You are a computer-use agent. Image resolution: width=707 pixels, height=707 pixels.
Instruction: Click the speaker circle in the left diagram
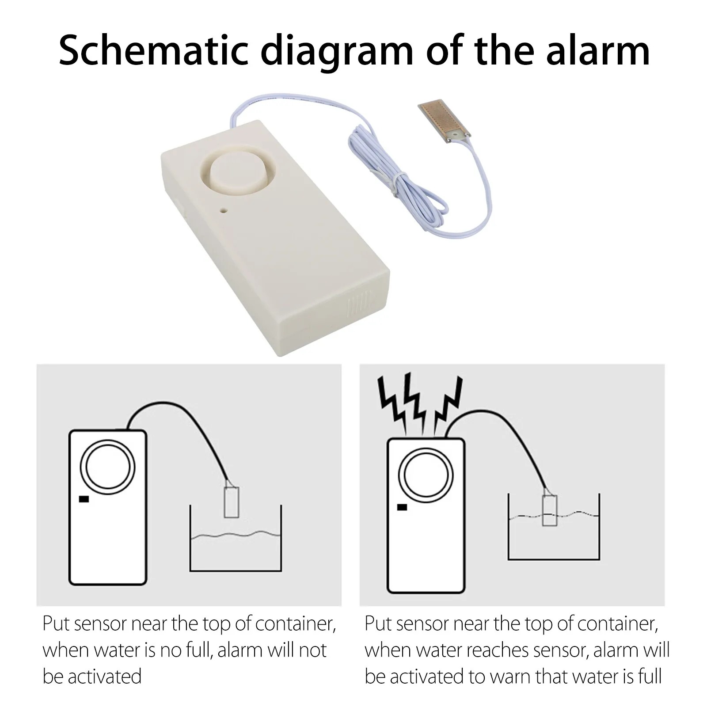pyautogui.click(x=107, y=467)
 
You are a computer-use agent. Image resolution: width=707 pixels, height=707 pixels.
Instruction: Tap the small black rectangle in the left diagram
pyautogui.click(x=84, y=499)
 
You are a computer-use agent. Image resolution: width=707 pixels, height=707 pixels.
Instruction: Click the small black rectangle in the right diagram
pyautogui.click(x=402, y=507)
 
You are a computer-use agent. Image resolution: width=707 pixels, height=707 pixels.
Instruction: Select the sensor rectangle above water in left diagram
pyautogui.click(x=232, y=502)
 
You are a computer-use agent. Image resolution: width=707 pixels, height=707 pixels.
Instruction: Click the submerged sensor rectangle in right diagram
pyautogui.click(x=550, y=510)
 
